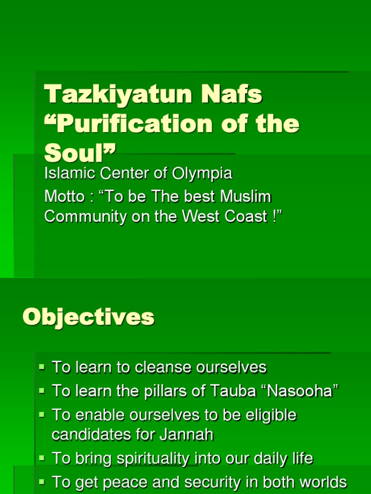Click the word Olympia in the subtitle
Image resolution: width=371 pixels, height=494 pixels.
(x=204, y=173)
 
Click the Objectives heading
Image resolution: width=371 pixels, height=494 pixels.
(x=88, y=317)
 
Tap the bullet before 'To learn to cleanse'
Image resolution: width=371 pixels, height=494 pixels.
(x=42, y=367)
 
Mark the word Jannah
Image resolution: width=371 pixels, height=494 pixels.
(x=188, y=435)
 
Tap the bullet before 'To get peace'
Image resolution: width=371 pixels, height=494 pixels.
(x=42, y=481)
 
